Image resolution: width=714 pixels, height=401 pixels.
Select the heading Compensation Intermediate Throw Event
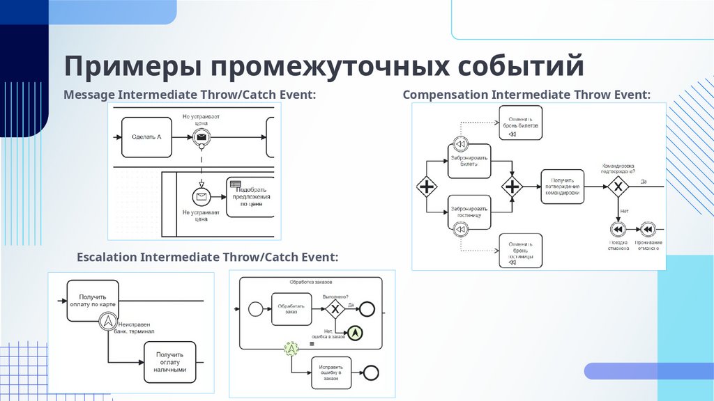[x=526, y=94]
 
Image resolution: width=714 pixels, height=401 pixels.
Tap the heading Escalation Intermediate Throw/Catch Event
[x=207, y=257]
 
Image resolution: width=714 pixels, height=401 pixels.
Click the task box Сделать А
[x=146, y=137]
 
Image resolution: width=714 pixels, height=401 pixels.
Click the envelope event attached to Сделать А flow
[x=202, y=138]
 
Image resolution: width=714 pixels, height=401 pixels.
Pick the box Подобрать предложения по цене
[x=250, y=197]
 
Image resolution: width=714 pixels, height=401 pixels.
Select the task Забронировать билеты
[x=469, y=162]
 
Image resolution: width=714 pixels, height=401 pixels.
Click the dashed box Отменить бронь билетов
[x=521, y=123]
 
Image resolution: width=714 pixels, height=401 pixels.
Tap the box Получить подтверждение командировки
[x=562, y=186]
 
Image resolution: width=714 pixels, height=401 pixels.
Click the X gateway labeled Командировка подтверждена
[x=617, y=187]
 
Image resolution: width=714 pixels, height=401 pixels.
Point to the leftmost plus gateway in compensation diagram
[x=426, y=187]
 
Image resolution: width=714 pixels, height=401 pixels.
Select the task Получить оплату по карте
[x=93, y=300]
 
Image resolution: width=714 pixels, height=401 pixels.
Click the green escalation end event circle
[x=356, y=333]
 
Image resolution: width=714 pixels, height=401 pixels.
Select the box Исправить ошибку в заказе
[x=331, y=372]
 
